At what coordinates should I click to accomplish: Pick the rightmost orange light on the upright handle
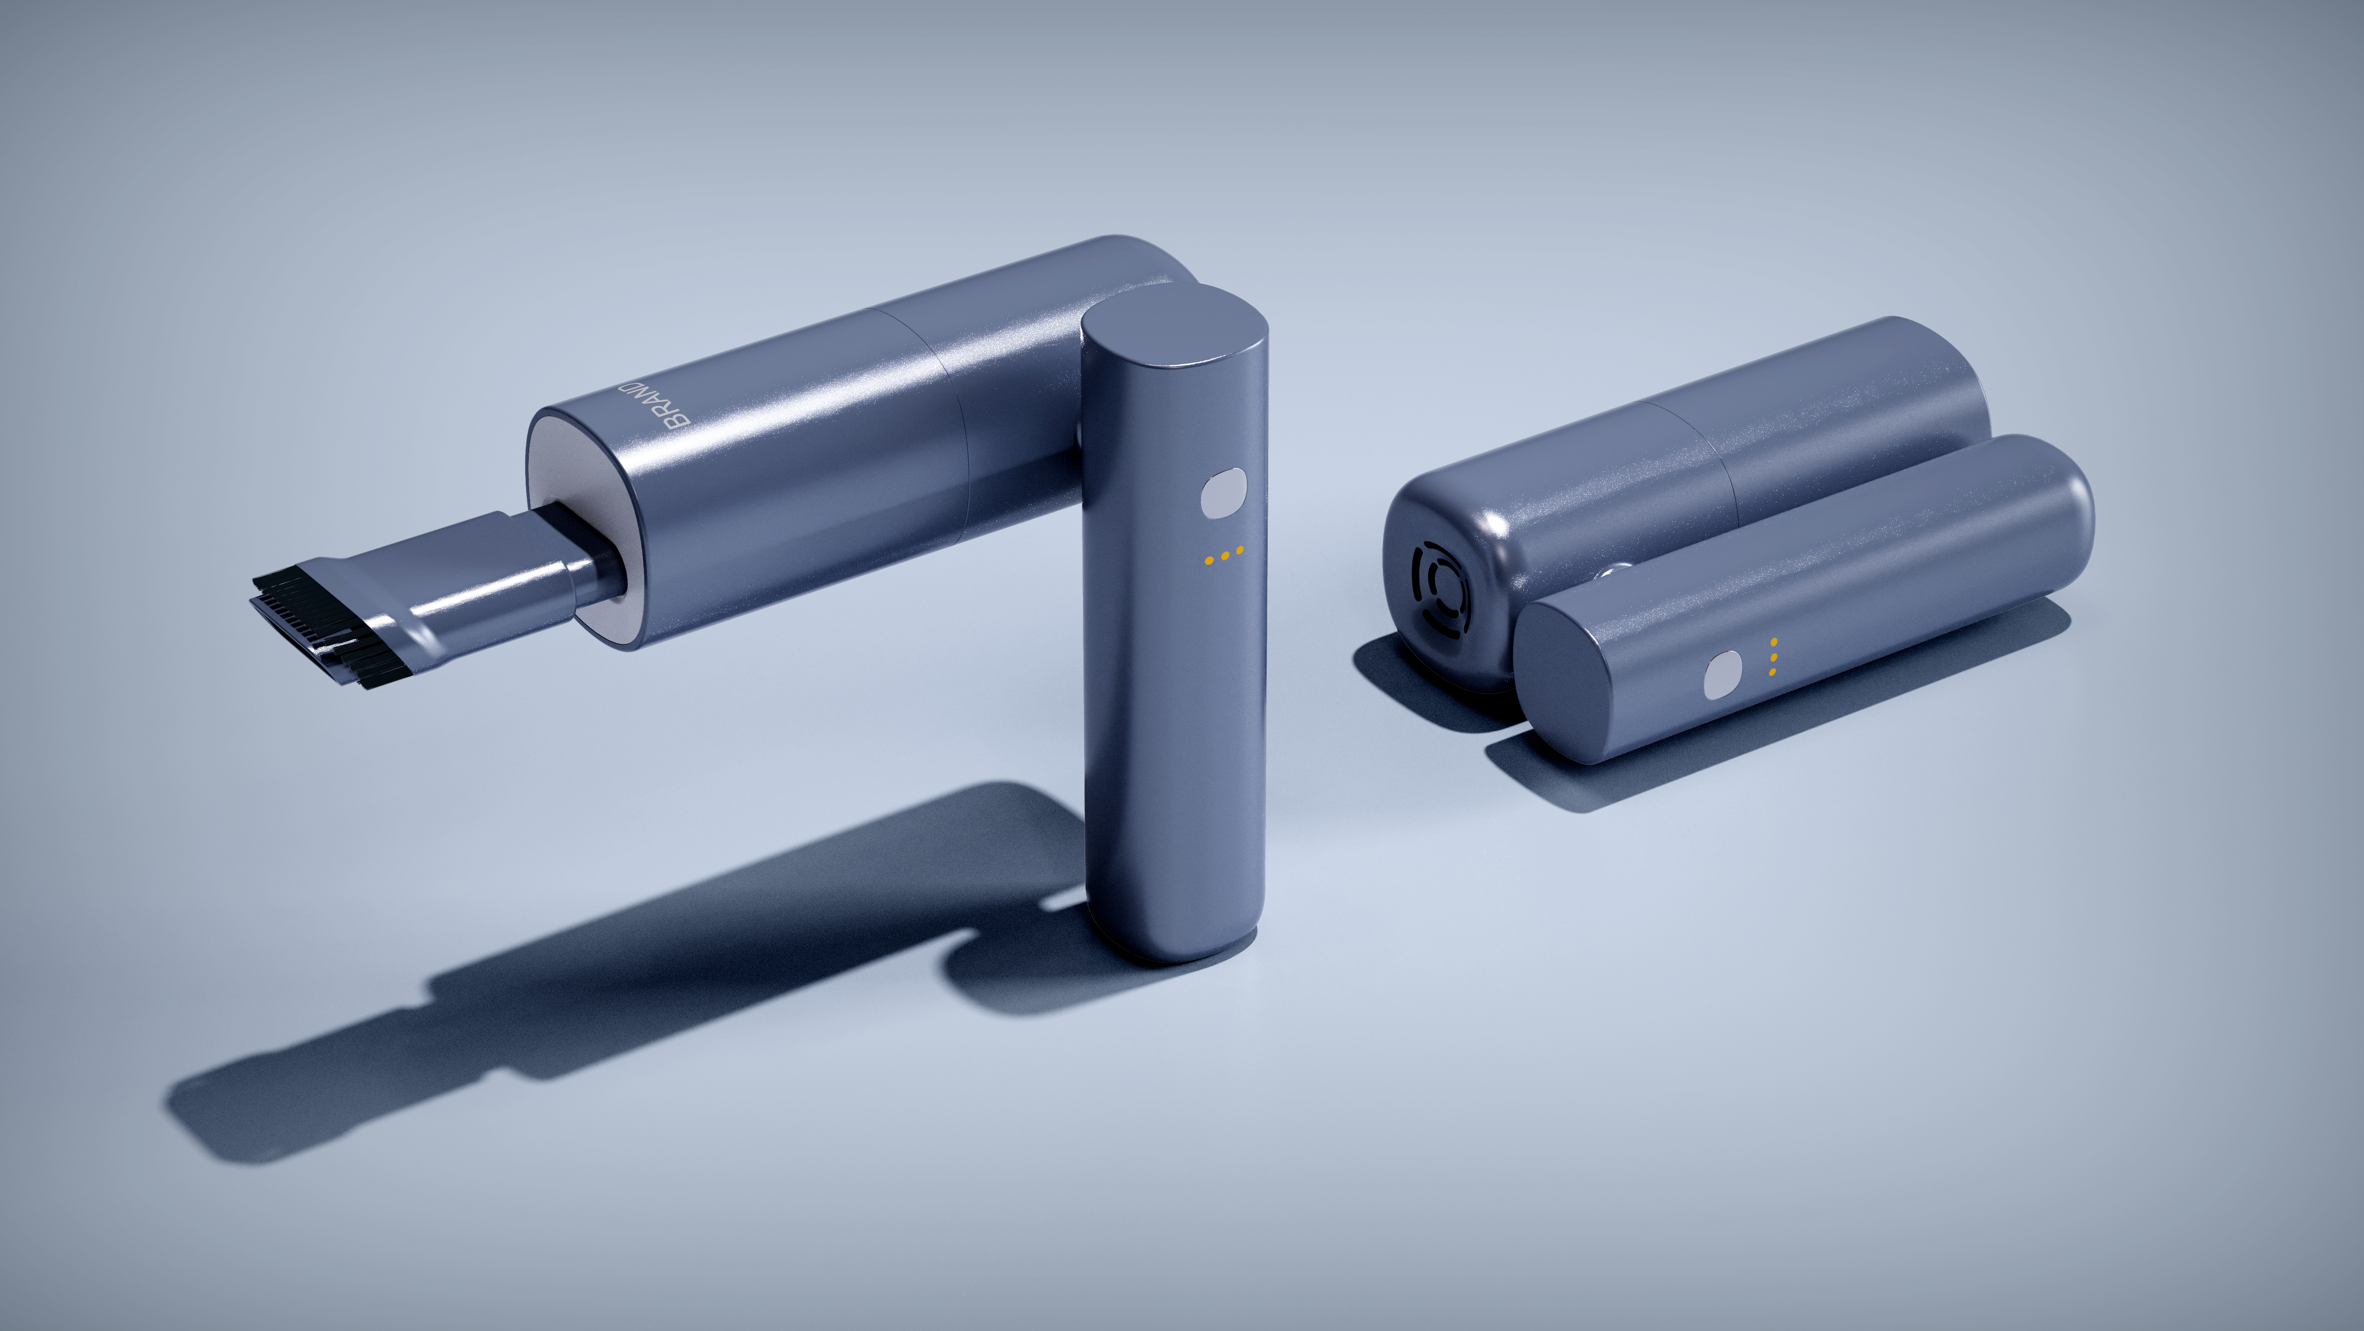pyautogui.click(x=1240, y=551)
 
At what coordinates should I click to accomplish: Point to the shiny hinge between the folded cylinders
pyautogui.click(x=1612, y=572)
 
